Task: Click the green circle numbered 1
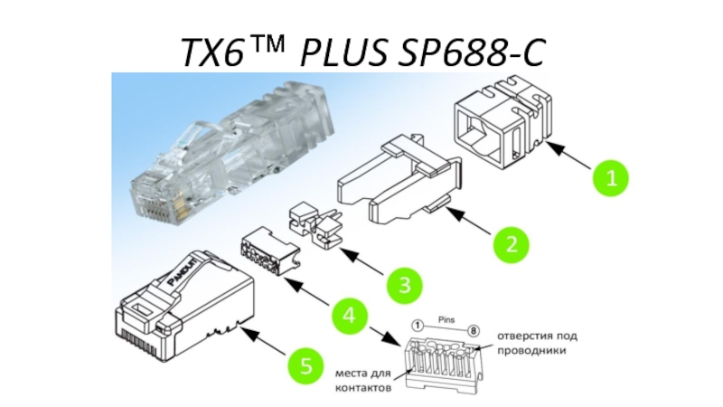[x=611, y=177]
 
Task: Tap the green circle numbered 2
[x=511, y=244]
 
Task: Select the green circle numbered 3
[x=404, y=285]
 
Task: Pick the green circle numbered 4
[x=350, y=317]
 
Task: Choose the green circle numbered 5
[x=305, y=365]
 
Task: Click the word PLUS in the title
[x=343, y=52]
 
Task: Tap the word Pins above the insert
[x=446, y=319]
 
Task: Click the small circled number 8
[x=473, y=331]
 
